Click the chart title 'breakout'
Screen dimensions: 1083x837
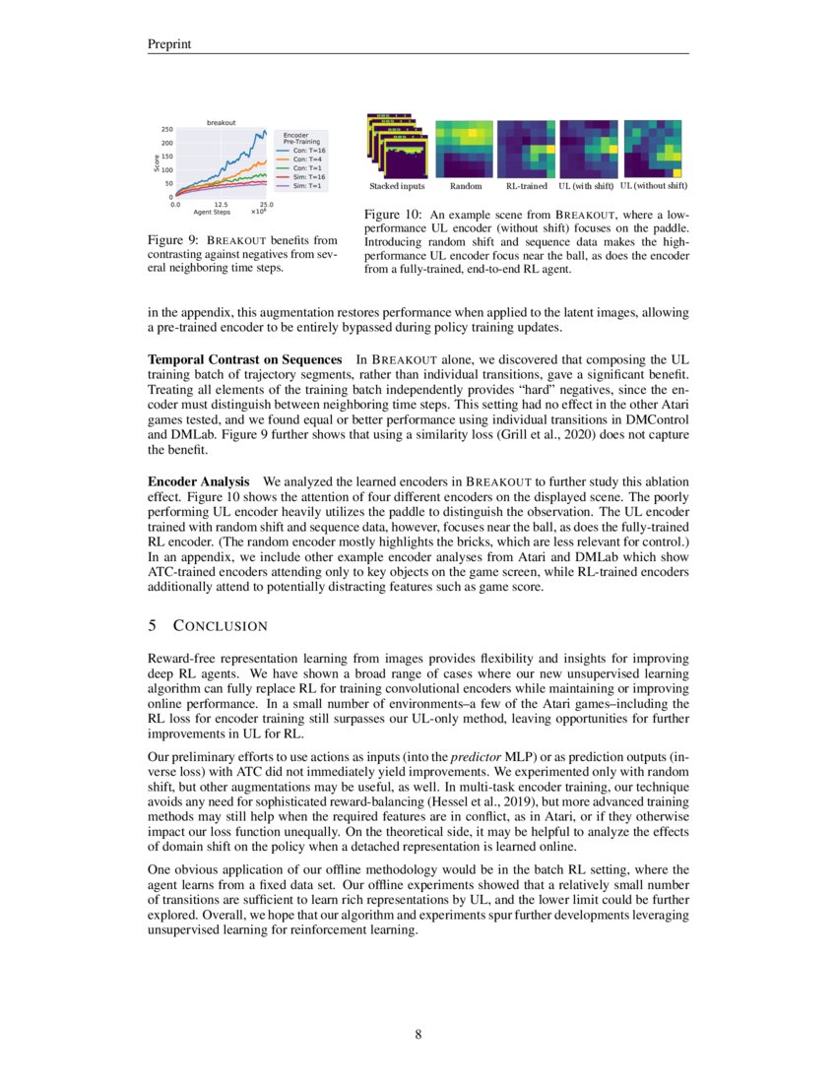221,122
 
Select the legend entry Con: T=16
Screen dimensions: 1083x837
310,150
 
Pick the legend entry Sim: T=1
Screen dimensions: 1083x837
309,185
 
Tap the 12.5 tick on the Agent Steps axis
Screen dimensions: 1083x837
221,205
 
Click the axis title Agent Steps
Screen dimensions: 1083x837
212,213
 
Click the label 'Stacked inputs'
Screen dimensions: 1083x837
397,186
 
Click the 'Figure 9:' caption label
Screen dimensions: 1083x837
173,240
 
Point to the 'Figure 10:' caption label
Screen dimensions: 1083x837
393,214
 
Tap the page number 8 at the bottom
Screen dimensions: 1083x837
418,1034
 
